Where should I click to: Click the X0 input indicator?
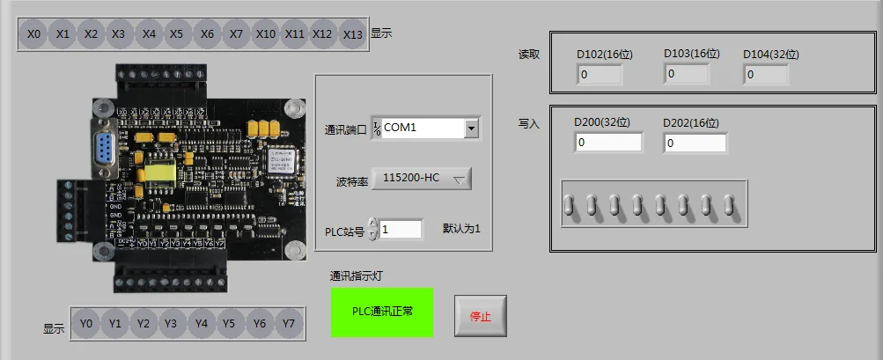pos(34,34)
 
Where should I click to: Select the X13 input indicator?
pos(352,34)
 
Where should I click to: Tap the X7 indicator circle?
pos(236,34)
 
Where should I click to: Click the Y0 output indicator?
pos(85,324)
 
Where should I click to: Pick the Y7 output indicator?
pos(288,324)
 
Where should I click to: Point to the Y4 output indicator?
pos(201,324)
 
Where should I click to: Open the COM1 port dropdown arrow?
pos(471,129)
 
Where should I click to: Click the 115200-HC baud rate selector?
pos(422,179)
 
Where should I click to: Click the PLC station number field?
pos(401,229)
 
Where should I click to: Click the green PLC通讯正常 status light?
pos(382,311)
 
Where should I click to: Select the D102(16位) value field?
pos(599,75)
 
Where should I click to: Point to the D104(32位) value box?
pos(766,75)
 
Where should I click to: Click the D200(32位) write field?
pos(608,143)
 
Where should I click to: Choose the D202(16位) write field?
pos(695,143)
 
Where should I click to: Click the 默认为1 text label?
pos(462,229)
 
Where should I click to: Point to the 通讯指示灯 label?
pos(356,276)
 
